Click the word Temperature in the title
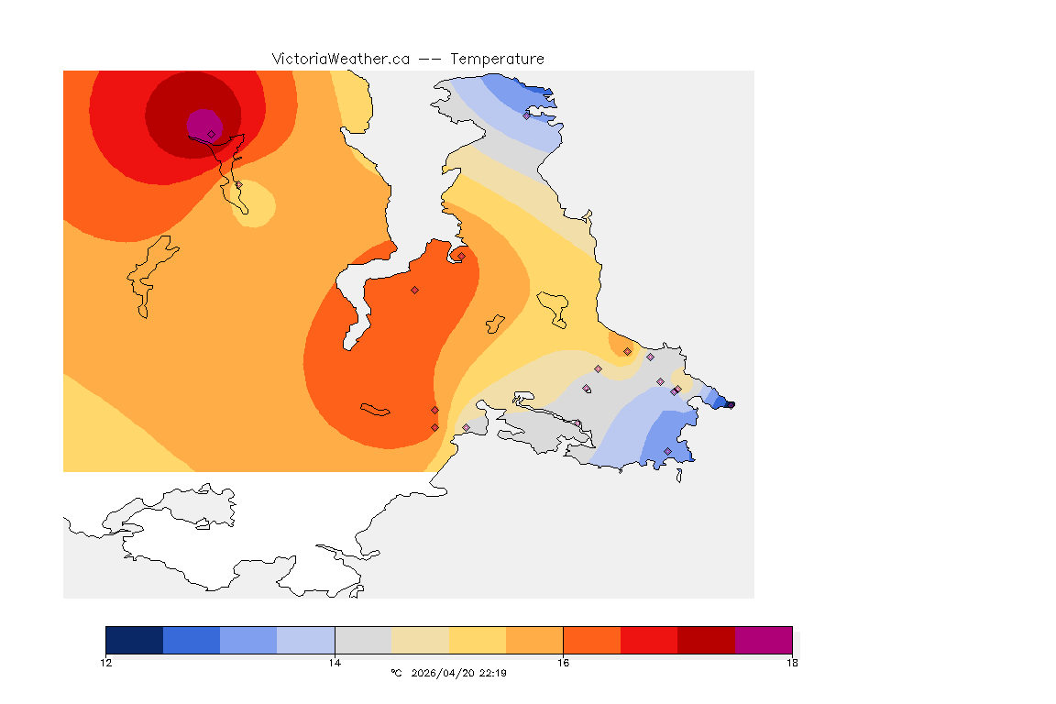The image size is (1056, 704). point(497,59)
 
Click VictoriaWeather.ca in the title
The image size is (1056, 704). point(340,59)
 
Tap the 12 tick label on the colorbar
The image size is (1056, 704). point(106,663)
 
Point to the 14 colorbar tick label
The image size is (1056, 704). point(335,663)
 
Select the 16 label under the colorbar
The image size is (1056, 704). point(563,663)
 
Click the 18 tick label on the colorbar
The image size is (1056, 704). point(792,663)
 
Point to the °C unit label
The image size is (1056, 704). point(396,673)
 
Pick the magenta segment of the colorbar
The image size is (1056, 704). point(764,640)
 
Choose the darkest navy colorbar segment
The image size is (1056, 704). point(135,640)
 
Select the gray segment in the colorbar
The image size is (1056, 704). point(363,640)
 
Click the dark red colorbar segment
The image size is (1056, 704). point(706,640)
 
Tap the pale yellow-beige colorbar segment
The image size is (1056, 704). point(421,640)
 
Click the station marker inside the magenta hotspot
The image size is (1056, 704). point(211,134)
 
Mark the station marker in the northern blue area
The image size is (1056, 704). point(526,115)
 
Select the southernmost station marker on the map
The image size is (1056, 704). point(667,451)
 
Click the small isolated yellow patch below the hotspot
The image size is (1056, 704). point(256,203)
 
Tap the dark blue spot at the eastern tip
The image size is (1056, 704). point(728,403)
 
